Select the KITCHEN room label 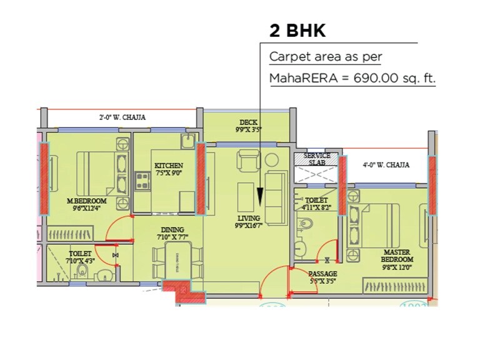point(169,166)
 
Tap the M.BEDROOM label point(86,201)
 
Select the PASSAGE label point(322,274)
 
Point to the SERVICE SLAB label point(317,158)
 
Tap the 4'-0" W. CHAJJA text point(386,165)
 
